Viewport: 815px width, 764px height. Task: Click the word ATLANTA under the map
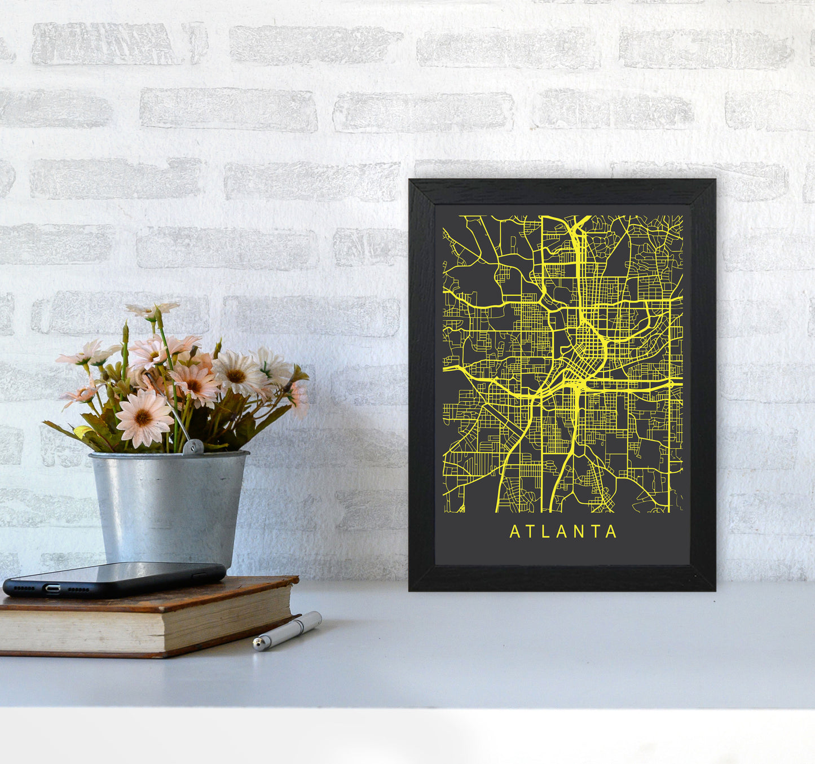(x=563, y=532)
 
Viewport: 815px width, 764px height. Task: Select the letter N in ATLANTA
(x=580, y=532)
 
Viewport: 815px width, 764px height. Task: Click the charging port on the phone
(x=52, y=589)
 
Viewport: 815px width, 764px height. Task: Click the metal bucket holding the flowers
(x=169, y=508)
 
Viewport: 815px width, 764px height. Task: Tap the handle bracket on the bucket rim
(x=193, y=447)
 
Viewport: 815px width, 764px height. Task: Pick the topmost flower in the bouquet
(x=152, y=309)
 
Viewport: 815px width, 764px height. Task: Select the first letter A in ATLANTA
(x=514, y=532)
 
